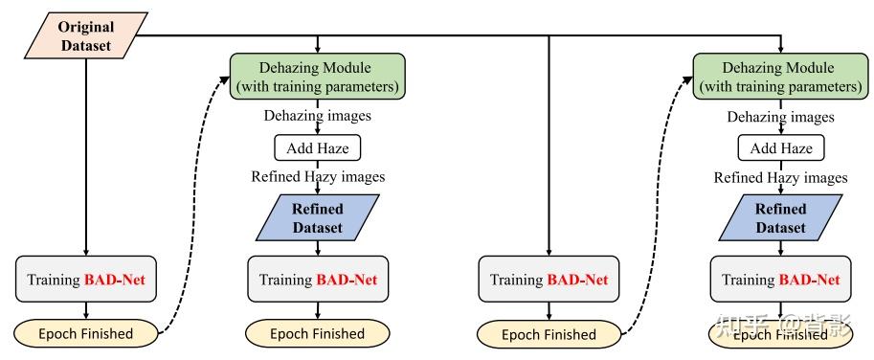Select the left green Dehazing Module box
317,75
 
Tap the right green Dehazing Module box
780,75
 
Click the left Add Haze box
318,147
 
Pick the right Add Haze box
781,147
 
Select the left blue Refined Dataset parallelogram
317,218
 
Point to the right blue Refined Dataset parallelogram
780,218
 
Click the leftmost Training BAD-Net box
87,280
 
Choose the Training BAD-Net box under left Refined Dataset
318,280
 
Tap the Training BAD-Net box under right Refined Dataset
780,280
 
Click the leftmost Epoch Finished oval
87,333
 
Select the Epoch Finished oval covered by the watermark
780,333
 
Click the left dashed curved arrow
191,211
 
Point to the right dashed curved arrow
655,211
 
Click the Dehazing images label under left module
318,117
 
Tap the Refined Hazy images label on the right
780,177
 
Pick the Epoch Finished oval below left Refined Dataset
318,333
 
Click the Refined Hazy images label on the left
318,177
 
